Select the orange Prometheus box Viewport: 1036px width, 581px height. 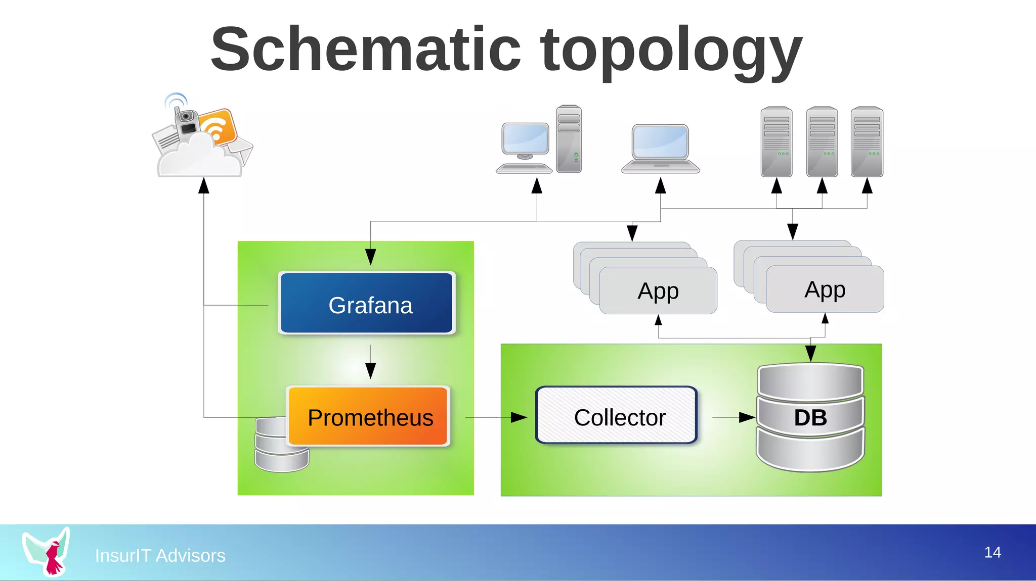coord(369,417)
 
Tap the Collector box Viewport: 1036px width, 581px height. coord(617,416)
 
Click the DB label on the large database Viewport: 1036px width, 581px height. coord(810,418)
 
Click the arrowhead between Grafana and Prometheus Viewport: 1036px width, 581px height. coord(371,370)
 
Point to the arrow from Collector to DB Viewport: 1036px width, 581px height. coord(746,417)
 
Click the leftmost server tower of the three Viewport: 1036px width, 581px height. coord(776,141)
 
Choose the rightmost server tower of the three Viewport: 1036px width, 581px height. coord(867,141)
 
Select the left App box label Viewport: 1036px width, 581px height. coord(658,291)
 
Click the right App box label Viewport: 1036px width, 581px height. coord(825,289)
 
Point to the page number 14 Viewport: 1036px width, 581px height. coord(992,552)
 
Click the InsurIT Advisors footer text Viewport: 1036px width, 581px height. coord(160,555)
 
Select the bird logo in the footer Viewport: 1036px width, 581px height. coord(47,552)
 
